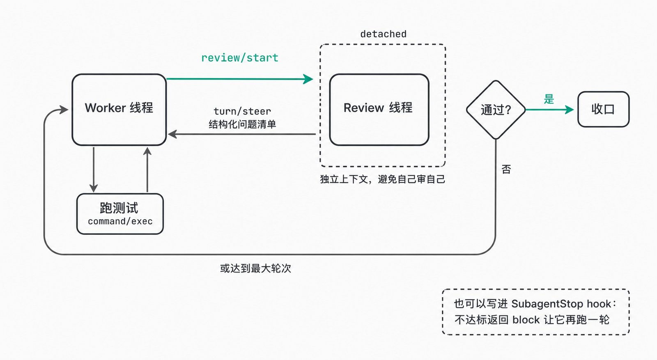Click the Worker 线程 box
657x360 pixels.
pos(119,109)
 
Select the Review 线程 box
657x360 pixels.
pos(379,109)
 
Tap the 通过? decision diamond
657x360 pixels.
pos(496,110)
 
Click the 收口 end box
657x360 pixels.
pos(603,109)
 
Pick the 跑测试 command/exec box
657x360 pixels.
pos(120,214)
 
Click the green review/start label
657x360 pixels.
pos(240,58)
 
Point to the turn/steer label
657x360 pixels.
pos(242,111)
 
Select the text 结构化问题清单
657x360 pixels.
pos(242,124)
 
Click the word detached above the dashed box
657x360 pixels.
pos(384,34)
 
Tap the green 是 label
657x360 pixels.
pos(549,99)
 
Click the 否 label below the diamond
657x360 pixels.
pos(506,169)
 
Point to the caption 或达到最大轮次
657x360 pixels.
pos(255,268)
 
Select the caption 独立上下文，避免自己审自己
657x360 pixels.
pos(382,179)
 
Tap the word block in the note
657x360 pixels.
pos(526,319)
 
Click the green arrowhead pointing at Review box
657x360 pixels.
pos(308,79)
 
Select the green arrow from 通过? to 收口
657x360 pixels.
pos(550,110)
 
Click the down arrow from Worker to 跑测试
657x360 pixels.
pos(94,170)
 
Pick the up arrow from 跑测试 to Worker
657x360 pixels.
pos(147,170)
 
